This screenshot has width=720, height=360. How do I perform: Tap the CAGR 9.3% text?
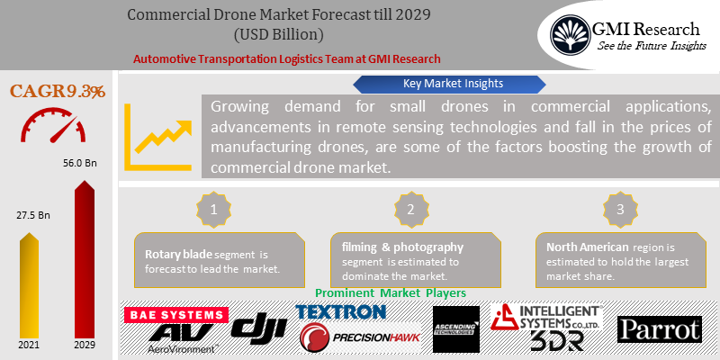pos(57,91)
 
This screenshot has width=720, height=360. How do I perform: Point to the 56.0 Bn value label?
pos(86,166)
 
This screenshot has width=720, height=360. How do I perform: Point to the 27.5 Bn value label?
pos(31,216)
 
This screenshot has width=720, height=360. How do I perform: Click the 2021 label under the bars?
pos(30,346)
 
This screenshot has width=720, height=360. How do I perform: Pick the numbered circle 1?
pos(214,209)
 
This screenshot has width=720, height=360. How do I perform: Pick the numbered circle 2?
pos(410,209)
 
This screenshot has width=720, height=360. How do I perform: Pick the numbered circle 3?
pos(620,209)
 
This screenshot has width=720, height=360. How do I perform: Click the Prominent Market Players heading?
pos(390,293)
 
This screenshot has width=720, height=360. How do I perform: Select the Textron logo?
pos(341,311)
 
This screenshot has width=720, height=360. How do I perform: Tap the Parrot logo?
pos(659,329)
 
